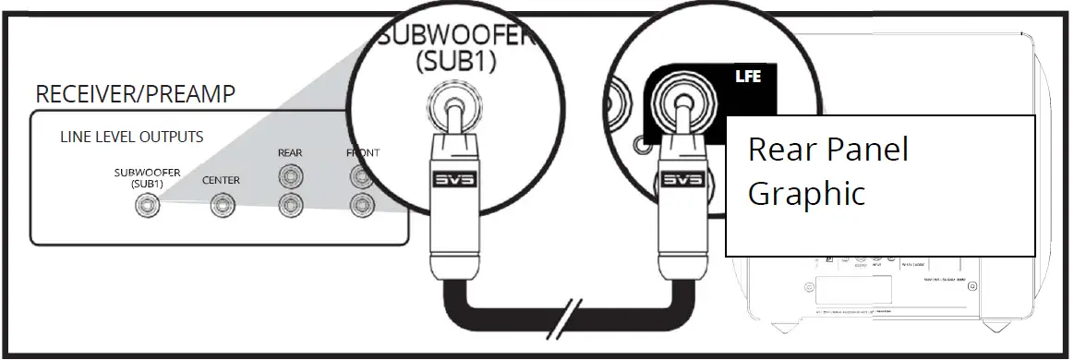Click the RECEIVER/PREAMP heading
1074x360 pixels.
point(135,94)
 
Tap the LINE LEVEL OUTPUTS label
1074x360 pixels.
point(131,137)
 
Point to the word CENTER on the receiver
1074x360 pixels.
point(221,181)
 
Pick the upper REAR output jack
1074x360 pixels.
point(291,174)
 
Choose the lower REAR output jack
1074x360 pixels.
point(291,204)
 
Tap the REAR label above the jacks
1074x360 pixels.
point(291,152)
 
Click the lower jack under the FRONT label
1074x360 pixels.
point(360,204)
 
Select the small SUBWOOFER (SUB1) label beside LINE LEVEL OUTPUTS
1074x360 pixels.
point(147,177)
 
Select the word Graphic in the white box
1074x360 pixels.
point(805,194)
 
